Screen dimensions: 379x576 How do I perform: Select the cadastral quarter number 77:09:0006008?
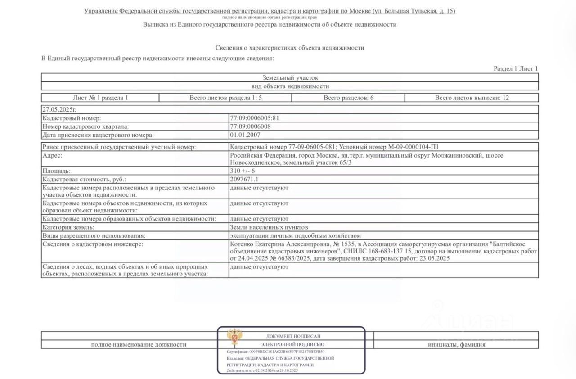click(x=251, y=126)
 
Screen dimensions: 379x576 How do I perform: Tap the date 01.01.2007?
click(x=245, y=135)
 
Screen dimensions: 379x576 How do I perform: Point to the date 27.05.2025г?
click(x=57, y=109)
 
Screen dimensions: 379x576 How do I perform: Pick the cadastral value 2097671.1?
click(x=244, y=179)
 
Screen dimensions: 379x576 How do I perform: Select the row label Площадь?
click(x=56, y=171)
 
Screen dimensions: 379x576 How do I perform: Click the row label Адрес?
click(x=52, y=155)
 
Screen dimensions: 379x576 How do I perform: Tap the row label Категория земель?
click(x=68, y=227)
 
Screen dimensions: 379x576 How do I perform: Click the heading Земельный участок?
click(x=290, y=78)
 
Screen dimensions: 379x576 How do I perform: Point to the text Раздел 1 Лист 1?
click(x=516, y=69)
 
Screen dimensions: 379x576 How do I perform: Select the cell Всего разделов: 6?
click(x=348, y=98)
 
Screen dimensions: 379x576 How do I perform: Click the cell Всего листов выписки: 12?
click(x=472, y=98)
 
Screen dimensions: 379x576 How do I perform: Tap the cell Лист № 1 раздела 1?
click(x=100, y=98)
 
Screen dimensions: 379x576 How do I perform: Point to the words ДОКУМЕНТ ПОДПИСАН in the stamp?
click(x=293, y=336)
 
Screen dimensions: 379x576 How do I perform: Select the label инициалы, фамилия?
click(x=456, y=345)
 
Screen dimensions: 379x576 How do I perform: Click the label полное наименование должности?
click(x=139, y=345)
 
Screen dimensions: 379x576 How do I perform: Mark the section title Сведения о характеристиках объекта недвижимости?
click(x=290, y=47)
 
